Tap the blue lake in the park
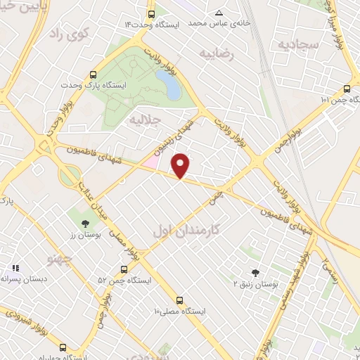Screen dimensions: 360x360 coord(169,84)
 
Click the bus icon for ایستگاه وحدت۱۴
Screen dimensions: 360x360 coord(151,13)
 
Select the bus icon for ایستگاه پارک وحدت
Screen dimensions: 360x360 coord(94,75)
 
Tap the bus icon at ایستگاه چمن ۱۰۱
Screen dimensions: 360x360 coord(347,89)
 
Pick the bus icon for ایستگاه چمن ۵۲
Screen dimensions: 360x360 coord(124,269)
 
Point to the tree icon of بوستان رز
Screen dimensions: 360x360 coord(85,223)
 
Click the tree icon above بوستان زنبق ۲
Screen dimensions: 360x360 coord(255,274)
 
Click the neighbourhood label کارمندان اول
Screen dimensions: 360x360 coord(187,230)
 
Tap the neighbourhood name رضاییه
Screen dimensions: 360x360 coord(215,53)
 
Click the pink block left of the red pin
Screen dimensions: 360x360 coord(150,162)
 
